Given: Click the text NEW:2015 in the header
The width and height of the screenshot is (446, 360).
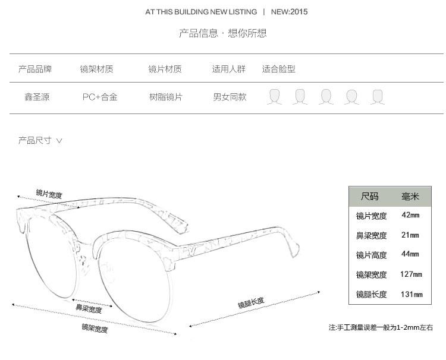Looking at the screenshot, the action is (290, 12).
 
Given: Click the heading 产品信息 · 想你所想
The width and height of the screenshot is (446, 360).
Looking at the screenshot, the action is (223, 33).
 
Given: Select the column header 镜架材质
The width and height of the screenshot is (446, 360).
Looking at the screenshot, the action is (97, 70).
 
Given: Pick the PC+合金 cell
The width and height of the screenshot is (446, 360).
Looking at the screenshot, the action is (100, 97).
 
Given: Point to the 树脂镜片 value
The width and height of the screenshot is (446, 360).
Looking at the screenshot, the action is (166, 97).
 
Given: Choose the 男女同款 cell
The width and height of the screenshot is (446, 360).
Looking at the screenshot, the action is (230, 97).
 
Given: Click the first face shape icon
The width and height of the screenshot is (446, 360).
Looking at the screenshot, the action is (274, 97).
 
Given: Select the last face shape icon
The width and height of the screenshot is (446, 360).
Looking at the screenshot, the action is (377, 97).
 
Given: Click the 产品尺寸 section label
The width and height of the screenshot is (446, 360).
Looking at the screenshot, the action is (35, 141).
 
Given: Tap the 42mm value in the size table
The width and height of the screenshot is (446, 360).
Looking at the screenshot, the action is (410, 215).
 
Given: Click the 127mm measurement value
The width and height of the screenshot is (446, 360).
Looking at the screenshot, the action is (411, 274).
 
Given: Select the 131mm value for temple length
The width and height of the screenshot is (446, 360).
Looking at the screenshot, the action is (411, 294).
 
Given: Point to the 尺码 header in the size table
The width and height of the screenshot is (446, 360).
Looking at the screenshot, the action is (369, 196).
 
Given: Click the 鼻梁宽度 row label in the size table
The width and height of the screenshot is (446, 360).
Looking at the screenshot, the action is (371, 235).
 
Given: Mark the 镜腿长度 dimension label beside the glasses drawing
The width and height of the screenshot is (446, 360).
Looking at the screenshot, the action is (251, 304).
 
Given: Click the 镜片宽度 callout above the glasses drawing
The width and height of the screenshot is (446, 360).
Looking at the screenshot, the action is (49, 194).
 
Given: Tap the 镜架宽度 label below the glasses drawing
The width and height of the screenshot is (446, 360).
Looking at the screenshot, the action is (95, 329).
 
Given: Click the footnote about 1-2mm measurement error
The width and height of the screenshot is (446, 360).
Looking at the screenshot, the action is (381, 327).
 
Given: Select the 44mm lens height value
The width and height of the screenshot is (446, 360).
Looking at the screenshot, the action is (410, 254).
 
